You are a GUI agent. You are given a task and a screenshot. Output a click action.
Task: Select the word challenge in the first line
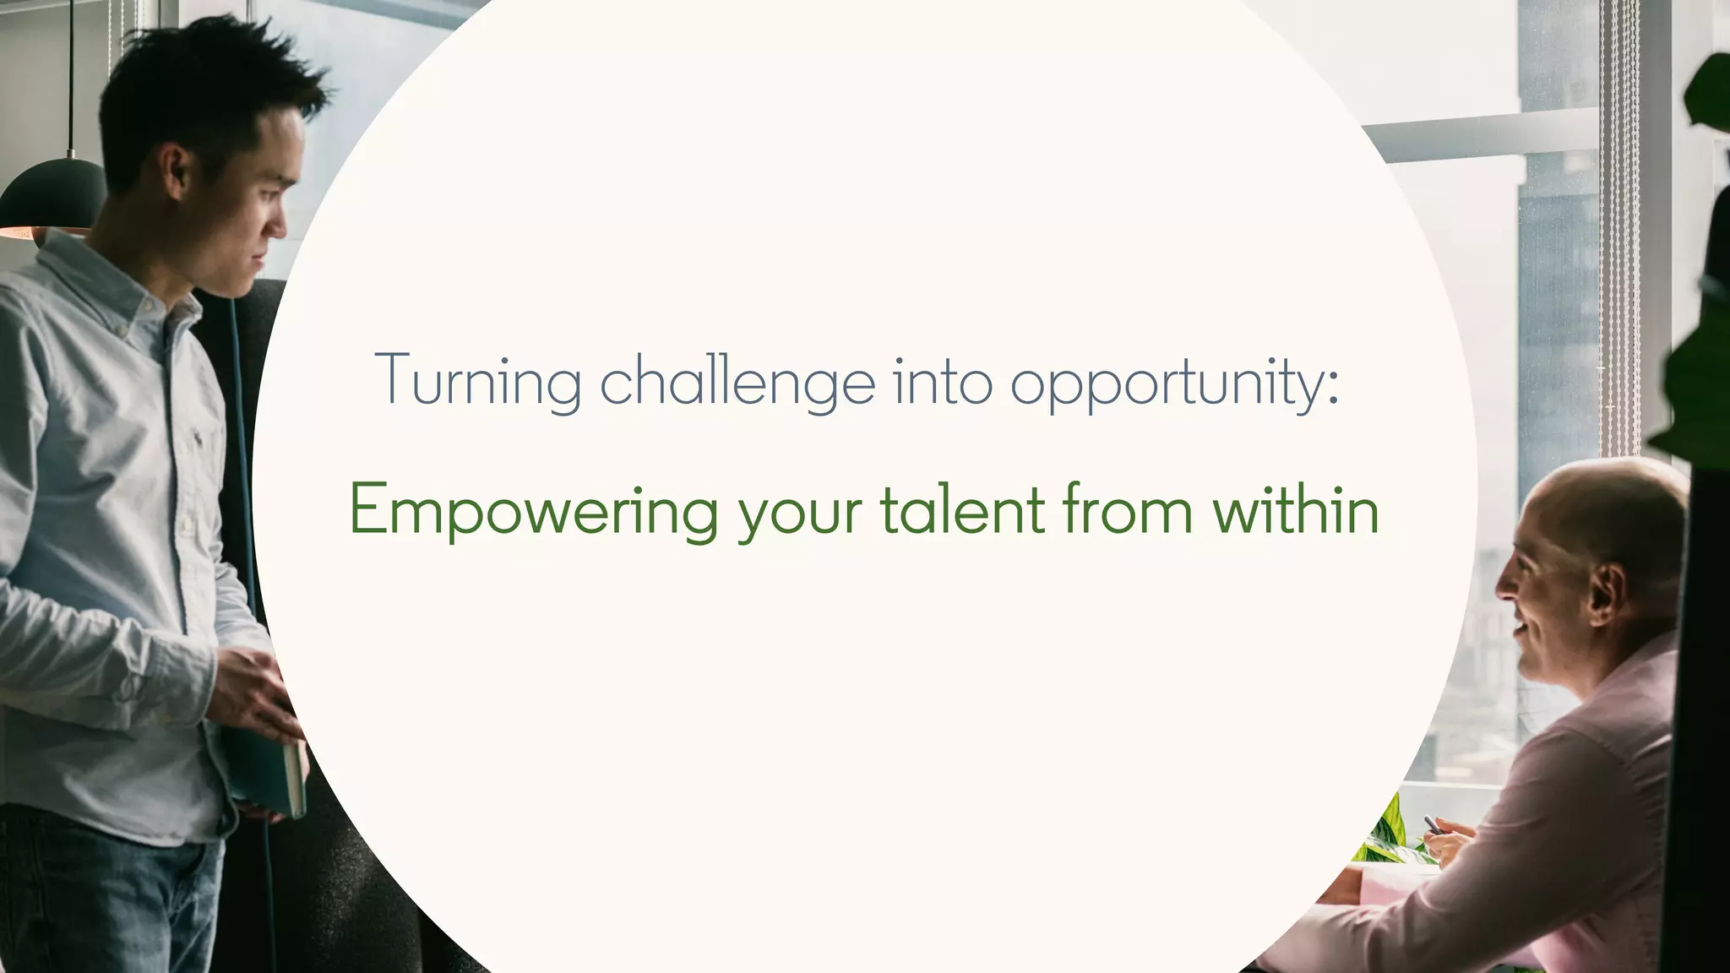737,381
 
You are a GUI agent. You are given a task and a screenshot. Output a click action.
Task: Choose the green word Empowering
533,511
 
